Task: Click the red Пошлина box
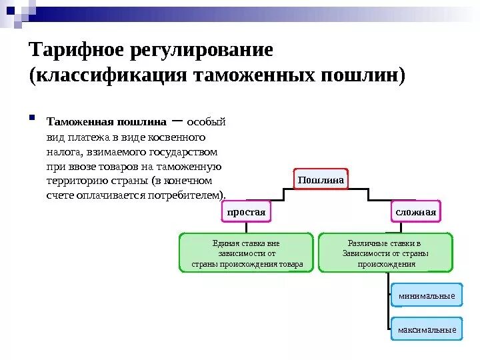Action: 321,180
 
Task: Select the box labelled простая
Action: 247,212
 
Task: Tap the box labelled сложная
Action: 415,212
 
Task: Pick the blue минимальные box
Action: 426,295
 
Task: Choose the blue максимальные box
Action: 426,329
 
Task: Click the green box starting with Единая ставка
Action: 247,253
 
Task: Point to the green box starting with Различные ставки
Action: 385,253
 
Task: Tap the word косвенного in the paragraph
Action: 179,137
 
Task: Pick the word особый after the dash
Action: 206,122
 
